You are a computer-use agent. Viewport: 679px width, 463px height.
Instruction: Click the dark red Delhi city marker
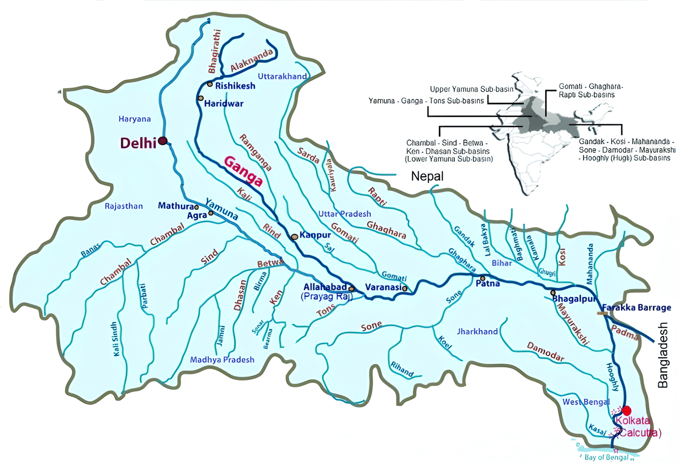162,141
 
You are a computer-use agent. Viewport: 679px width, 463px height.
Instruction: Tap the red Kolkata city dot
626,411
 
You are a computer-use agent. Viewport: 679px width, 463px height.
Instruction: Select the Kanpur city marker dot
294,237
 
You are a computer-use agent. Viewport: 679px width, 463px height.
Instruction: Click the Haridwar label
224,104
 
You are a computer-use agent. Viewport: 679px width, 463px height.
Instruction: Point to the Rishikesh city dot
210,84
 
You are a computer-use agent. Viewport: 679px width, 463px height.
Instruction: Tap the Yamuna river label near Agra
221,209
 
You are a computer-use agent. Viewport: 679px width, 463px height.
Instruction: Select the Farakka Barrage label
637,308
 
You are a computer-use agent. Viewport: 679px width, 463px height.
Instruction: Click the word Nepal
427,176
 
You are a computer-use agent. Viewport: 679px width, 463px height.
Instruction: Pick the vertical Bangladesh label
663,355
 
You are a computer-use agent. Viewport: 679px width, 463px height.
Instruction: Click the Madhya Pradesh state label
222,360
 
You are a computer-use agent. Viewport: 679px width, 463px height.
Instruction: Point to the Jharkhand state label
477,331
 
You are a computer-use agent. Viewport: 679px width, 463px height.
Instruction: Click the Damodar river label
545,352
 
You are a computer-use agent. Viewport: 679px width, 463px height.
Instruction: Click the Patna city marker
483,278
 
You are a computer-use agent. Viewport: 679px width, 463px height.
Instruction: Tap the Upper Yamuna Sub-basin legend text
471,89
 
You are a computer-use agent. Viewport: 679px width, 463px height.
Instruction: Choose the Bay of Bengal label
606,457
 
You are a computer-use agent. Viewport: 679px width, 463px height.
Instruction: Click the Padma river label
625,333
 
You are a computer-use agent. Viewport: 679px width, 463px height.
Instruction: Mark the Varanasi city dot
405,288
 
